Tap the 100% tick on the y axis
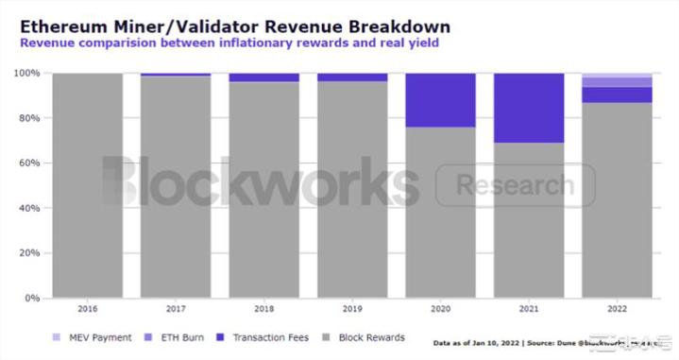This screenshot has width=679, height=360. [x=25, y=73]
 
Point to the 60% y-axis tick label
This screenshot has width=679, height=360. [x=27, y=163]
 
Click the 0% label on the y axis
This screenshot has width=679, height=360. [x=30, y=298]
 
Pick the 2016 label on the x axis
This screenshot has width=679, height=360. [x=87, y=309]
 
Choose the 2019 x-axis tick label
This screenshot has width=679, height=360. [x=352, y=309]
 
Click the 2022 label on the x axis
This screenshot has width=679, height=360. [x=618, y=309]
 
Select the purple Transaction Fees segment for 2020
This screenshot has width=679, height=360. [x=440, y=99]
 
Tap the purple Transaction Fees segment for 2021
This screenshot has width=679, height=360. [x=529, y=107]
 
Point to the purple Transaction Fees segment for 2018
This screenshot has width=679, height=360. [x=263, y=77]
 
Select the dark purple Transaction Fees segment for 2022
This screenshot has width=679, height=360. [x=618, y=94]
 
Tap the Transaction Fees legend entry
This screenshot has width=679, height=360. [x=264, y=337]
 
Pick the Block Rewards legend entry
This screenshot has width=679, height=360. [x=366, y=337]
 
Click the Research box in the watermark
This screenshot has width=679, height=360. [x=515, y=185]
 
